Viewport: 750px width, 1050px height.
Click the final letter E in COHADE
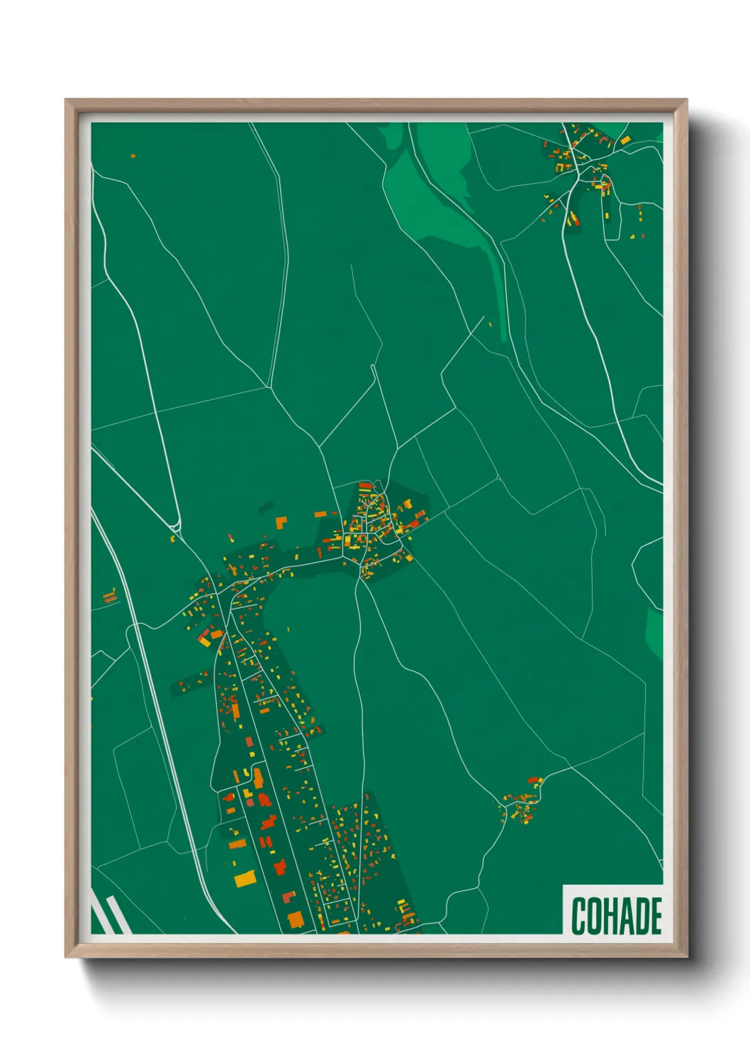pos(656,916)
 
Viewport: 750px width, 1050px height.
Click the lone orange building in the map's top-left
pos(133,155)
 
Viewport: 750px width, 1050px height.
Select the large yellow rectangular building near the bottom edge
pos(245,879)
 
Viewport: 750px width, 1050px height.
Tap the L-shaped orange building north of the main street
pos(281,523)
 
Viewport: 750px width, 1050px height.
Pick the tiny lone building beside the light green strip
pos(489,325)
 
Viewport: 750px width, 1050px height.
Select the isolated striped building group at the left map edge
pos(109,597)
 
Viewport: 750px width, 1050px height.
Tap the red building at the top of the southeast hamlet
pos(532,780)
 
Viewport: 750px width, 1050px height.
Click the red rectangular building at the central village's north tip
pos(365,485)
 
